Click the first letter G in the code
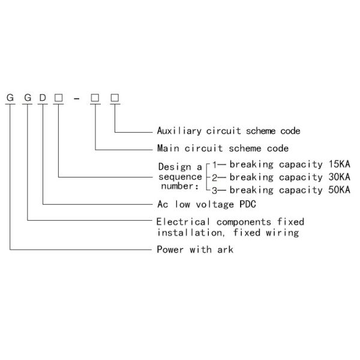[x=10, y=98]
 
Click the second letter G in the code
[x=27, y=98]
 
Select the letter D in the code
[x=43, y=98]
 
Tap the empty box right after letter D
[x=58, y=98]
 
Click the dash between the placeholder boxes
[x=76, y=99]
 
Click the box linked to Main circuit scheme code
[x=95, y=98]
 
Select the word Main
[x=166, y=148]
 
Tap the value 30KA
[x=337, y=177]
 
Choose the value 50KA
[x=337, y=190]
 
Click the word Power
[x=169, y=249]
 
